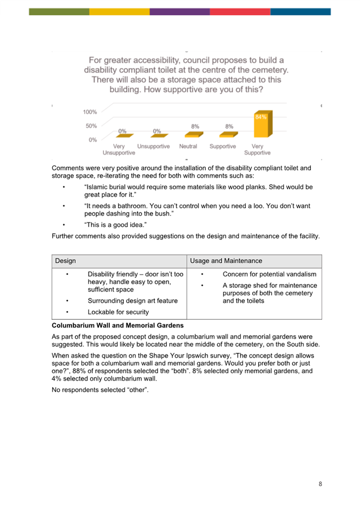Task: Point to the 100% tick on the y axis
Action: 90,112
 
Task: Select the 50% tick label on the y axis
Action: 91,126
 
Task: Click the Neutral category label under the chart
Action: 188,147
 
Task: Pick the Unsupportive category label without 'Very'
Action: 154,147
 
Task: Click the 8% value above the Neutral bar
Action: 195,127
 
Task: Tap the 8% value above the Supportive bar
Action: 229,127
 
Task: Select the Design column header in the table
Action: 65,261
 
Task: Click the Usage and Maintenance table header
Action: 226,261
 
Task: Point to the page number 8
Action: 320,484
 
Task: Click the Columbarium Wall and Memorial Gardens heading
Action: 118,325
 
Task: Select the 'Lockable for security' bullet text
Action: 118,312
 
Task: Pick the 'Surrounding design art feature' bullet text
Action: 133,301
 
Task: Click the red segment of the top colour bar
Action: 239,11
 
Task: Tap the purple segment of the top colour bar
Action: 179,11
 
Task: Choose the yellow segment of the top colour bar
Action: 119,11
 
